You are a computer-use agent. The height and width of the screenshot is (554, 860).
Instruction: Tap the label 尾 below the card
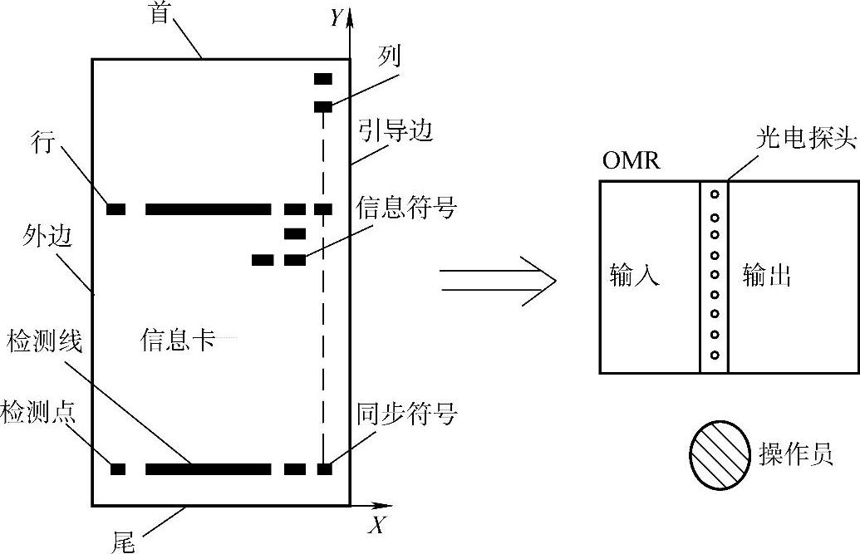click(x=123, y=541)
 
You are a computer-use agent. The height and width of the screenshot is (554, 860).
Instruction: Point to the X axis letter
click(x=376, y=525)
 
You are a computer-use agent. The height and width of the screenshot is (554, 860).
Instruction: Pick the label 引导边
click(x=396, y=130)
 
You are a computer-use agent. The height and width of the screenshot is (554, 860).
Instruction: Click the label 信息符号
click(x=406, y=207)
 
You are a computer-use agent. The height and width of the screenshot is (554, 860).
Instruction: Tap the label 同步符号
click(x=407, y=413)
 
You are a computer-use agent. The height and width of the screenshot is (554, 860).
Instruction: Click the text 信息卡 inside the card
click(x=177, y=340)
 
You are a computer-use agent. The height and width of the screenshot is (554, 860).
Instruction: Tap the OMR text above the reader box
click(x=631, y=159)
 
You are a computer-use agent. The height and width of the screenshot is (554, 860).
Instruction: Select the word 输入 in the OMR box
click(x=634, y=275)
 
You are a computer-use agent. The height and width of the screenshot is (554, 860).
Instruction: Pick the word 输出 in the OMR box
click(x=766, y=275)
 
